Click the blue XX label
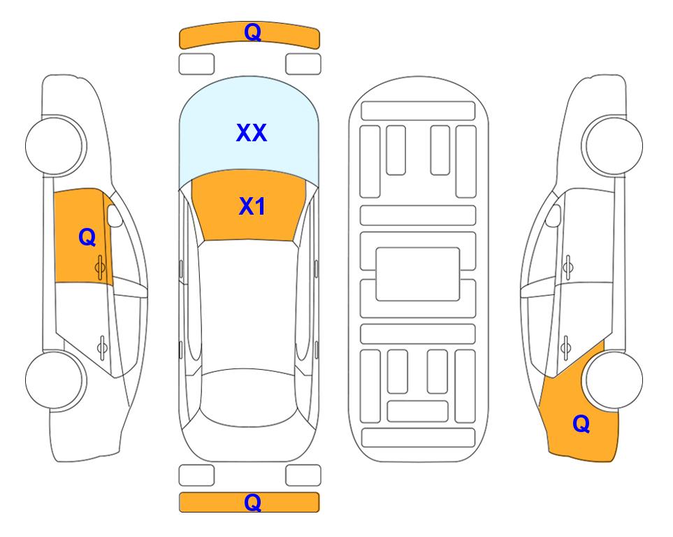click(x=252, y=133)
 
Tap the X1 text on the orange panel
click(x=252, y=206)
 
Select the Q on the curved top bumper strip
click(x=252, y=31)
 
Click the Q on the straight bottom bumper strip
click(x=252, y=502)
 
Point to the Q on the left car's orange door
click(x=87, y=237)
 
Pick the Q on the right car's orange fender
click(x=581, y=424)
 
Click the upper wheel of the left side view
click(x=55, y=145)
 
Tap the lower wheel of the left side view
click(x=55, y=380)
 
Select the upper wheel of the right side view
click(x=612, y=145)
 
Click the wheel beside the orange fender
click(x=612, y=380)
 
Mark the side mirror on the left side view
click(x=114, y=215)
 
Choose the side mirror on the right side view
click(x=553, y=215)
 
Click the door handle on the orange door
click(x=100, y=268)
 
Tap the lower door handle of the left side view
click(x=102, y=347)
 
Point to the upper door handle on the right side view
click(x=568, y=268)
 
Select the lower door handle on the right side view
click(x=566, y=347)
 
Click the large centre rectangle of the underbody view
click(x=418, y=274)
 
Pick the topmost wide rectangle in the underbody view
click(x=418, y=111)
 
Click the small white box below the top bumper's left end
click(x=196, y=64)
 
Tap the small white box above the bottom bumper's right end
click(x=303, y=475)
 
